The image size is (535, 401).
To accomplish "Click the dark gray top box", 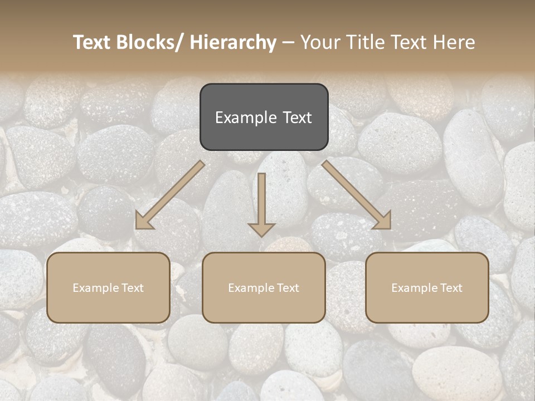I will click(x=264, y=117).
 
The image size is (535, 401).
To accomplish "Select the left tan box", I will click(x=108, y=287).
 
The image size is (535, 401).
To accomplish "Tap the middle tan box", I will click(x=264, y=287).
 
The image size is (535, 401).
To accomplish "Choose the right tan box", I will click(x=427, y=287).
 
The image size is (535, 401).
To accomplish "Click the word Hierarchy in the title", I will click(x=233, y=42).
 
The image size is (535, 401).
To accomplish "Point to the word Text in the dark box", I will click(x=296, y=118).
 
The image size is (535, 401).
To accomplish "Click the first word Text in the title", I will click(x=93, y=42).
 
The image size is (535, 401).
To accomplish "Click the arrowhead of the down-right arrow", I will click(x=383, y=221).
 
